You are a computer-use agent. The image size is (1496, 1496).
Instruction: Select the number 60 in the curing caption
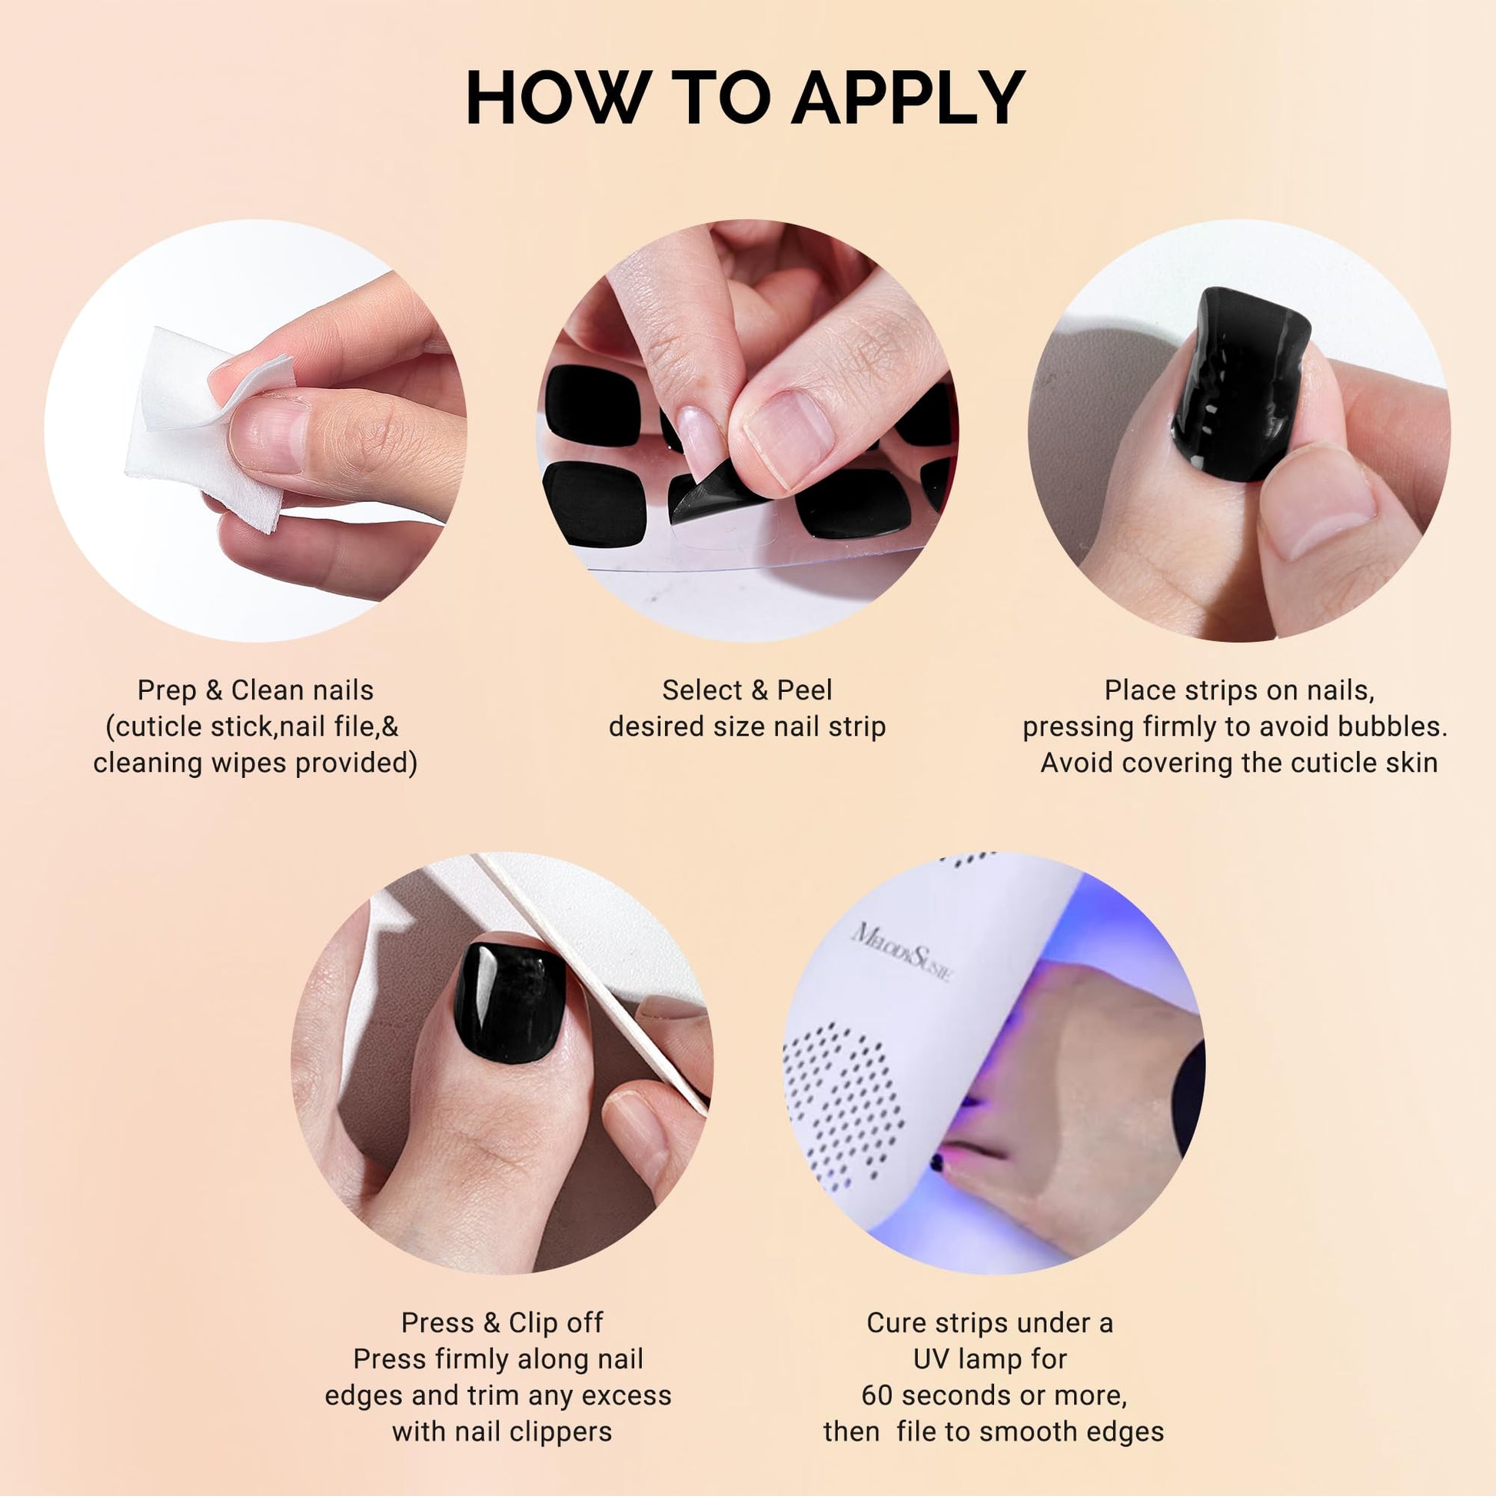coord(877,1395)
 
